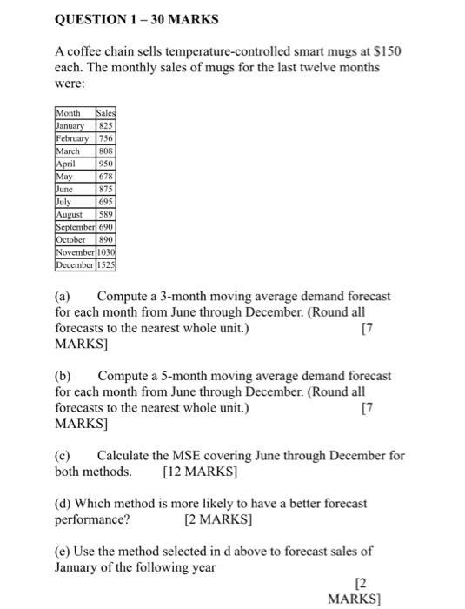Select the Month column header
70,112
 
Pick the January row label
73,124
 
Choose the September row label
79,225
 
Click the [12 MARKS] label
200,472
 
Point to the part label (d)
63,503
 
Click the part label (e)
63,551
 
